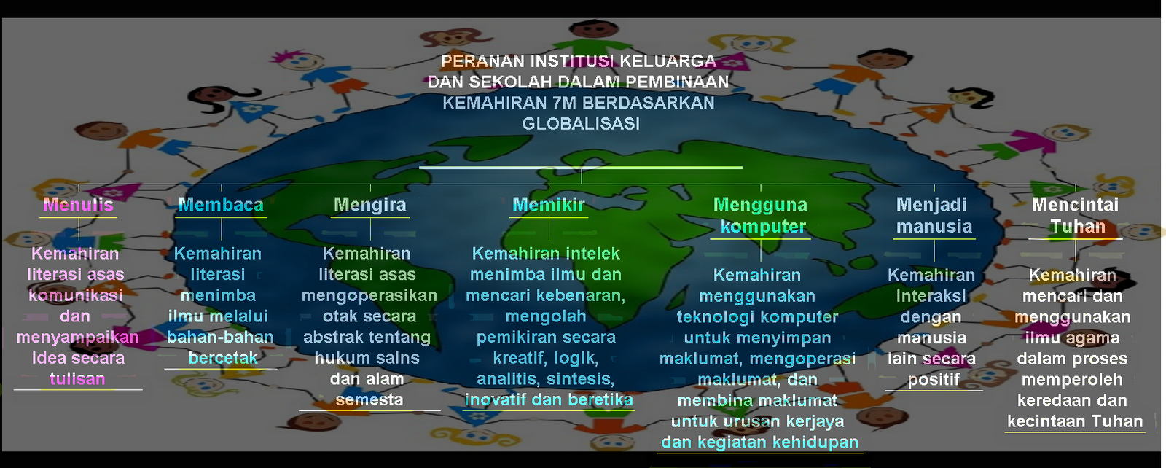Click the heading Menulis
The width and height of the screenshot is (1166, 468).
[78, 205]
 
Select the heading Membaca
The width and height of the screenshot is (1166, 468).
[221, 205]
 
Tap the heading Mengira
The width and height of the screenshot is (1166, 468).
[370, 205]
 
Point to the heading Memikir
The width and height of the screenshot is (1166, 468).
[549, 205]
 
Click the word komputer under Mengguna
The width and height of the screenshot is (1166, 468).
[763, 227]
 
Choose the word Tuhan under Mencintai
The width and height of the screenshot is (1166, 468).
[1078, 227]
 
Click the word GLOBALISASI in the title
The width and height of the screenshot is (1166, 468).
[581, 124]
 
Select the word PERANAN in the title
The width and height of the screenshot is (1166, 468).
[482, 61]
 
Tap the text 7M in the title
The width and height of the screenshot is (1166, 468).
[565, 103]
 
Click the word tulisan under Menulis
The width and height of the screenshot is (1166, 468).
[77, 379]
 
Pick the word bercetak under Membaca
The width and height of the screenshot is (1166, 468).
[223, 358]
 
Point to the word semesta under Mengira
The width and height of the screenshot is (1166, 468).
[369, 400]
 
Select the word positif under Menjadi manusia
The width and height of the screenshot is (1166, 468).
[934, 380]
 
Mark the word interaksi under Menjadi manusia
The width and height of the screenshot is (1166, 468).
[931, 296]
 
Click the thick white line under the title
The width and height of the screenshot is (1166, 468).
[581, 168]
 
